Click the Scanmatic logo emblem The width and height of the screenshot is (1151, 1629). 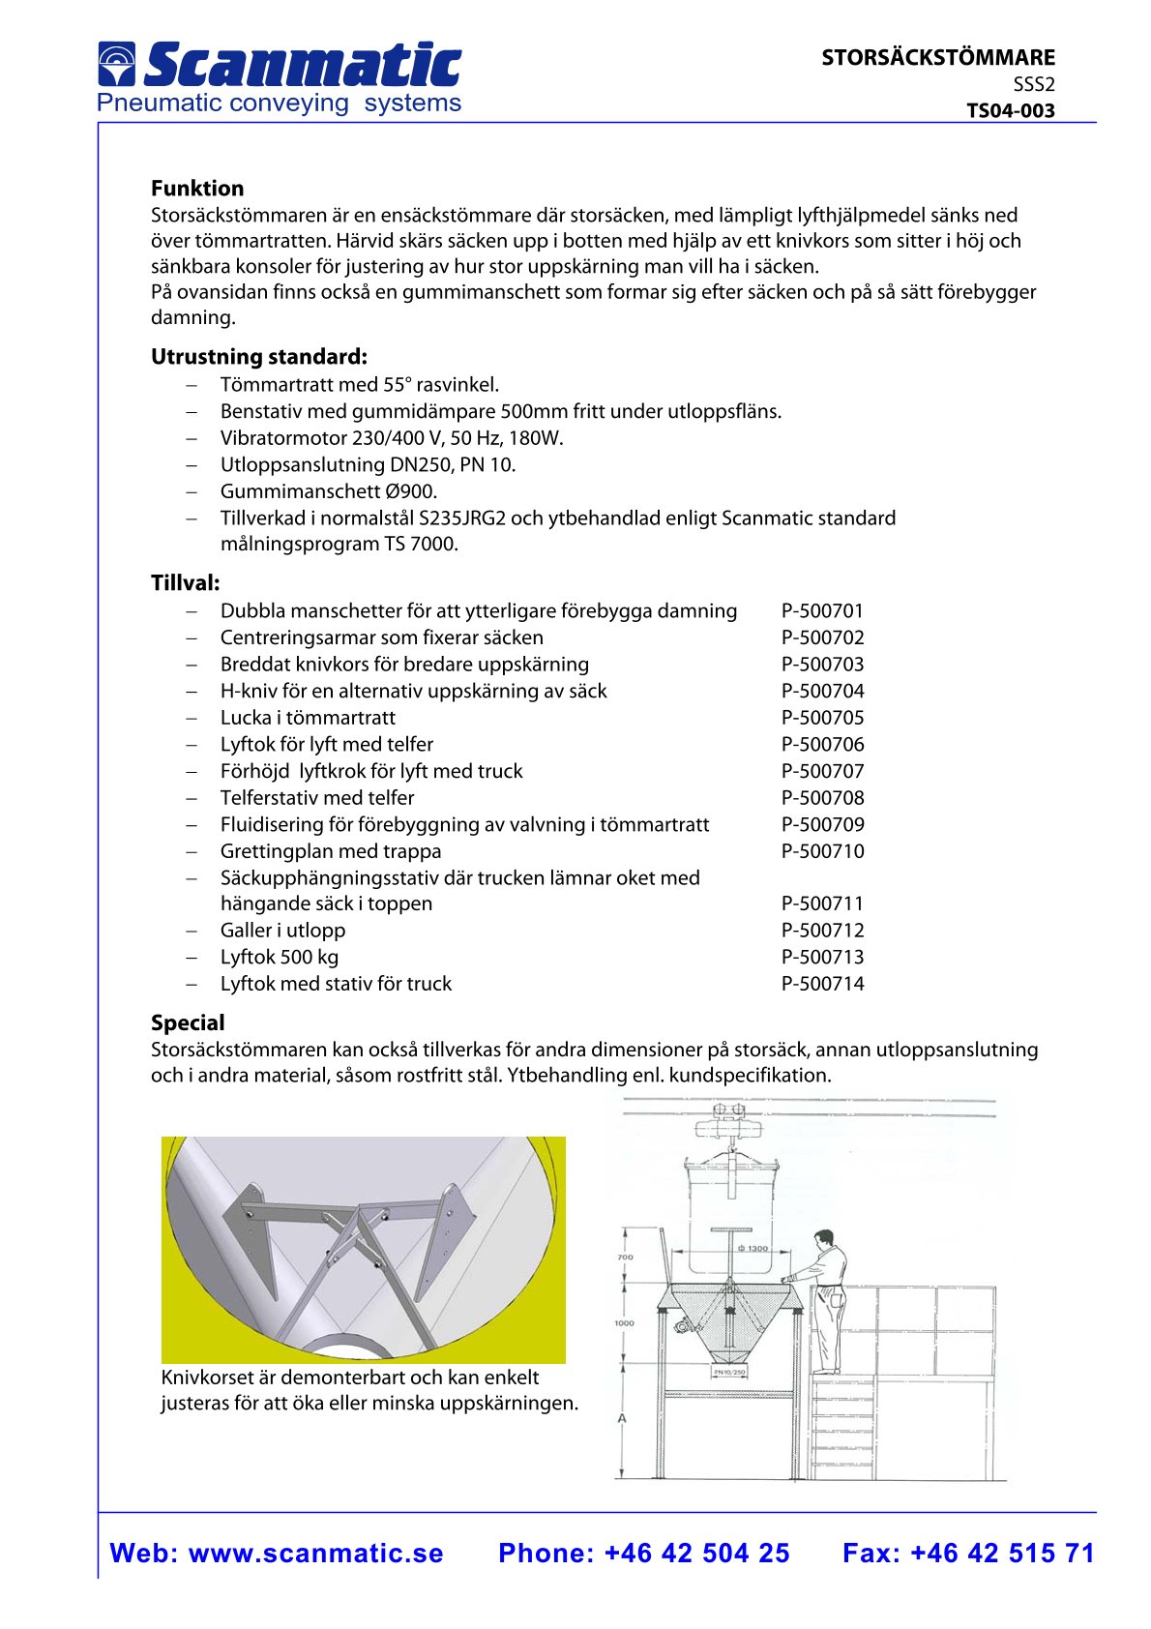click(x=116, y=64)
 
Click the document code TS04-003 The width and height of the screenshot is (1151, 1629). click(x=1010, y=110)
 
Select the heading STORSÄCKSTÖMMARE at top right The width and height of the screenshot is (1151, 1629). click(x=937, y=57)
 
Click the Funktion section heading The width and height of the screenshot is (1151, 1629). click(x=197, y=189)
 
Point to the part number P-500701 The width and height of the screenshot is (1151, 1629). click(x=822, y=611)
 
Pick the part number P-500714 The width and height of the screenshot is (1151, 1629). click(x=822, y=984)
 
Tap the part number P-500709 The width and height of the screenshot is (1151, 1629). click(x=822, y=825)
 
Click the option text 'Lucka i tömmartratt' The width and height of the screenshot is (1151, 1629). click(x=308, y=718)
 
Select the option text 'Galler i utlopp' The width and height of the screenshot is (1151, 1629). click(x=282, y=931)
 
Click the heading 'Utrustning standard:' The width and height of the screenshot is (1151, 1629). click(x=258, y=357)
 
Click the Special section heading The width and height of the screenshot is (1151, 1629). click(x=188, y=1023)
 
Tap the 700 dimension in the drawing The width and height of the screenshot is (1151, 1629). click(x=625, y=1258)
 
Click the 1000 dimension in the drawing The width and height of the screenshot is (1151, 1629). click(x=624, y=1322)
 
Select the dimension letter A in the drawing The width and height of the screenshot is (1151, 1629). click(x=622, y=1419)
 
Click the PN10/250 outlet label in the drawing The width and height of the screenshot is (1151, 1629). click(x=728, y=1372)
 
